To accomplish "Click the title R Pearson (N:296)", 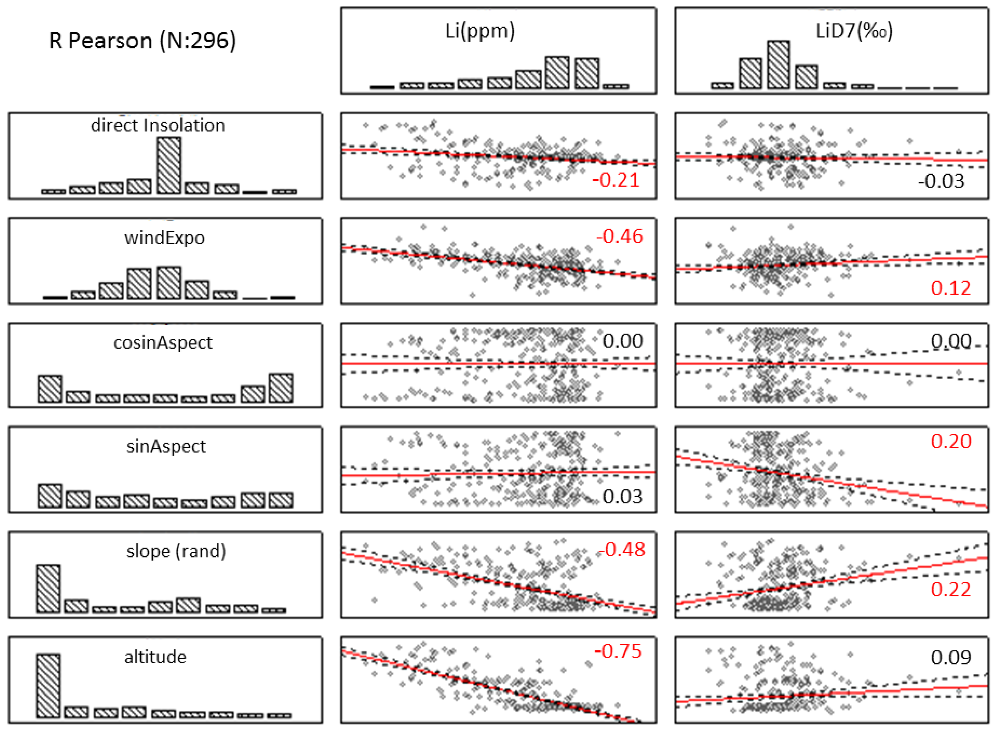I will pyautogui.click(x=142, y=41).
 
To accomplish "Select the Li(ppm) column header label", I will pyautogui.click(x=480, y=31).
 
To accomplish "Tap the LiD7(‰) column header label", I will pyautogui.click(x=854, y=31).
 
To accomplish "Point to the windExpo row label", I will pyautogui.click(x=164, y=238).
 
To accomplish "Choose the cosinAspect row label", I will pyautogui.click(x=163, y=343).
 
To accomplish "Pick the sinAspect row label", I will pyautogui.click(x=166, y=446).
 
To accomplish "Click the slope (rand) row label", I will pyautogui.click(x=176, y=551).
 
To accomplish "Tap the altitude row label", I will pyautogui.click(x=155, y=657).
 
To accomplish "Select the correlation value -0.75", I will pyautogui.click(x=618, y=651).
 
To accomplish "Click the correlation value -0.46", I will pyautogui.click(x=620, y=237).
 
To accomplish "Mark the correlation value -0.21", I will pyautogui.click(x=616, y=180).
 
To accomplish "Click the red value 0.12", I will pyautogui.click(x=951, y=288).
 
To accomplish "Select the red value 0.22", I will pyautogui.click(x=951, y=590).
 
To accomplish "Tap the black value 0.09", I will pyautogui.click(x=951, y=658).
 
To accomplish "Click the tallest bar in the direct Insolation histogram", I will pyautogui.click(x=169, y=165).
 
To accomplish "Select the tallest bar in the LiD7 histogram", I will pyautogui.click(x=778, y=65).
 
